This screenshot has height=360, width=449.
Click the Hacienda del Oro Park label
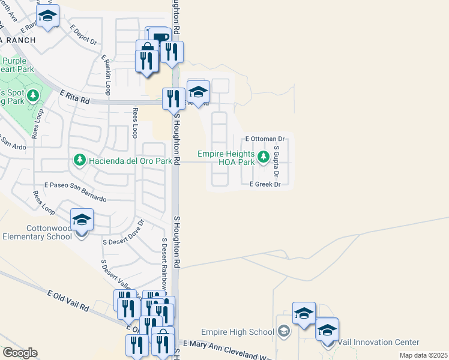click(x=130, y=160)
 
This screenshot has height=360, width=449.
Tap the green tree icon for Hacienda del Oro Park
click(x=79, y=160)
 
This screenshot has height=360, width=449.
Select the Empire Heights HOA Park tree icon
click(x=262, y=157)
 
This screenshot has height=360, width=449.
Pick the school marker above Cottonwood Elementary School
click(x=82, y=220)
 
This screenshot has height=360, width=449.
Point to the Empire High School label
click(x=237, y=332)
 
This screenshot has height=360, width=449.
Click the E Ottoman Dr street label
click(x=265, y=139)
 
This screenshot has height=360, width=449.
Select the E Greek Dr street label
click(x=265, y=184)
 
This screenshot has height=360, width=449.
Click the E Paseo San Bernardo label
click(x=75, y=193)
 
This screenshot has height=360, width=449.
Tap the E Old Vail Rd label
click(x=68, y=300)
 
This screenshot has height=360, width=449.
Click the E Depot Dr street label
click(x=83, y=35)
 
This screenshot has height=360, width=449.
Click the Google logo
click(x=20, y=353)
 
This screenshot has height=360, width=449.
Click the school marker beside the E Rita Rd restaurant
click(x=198, y=92)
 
